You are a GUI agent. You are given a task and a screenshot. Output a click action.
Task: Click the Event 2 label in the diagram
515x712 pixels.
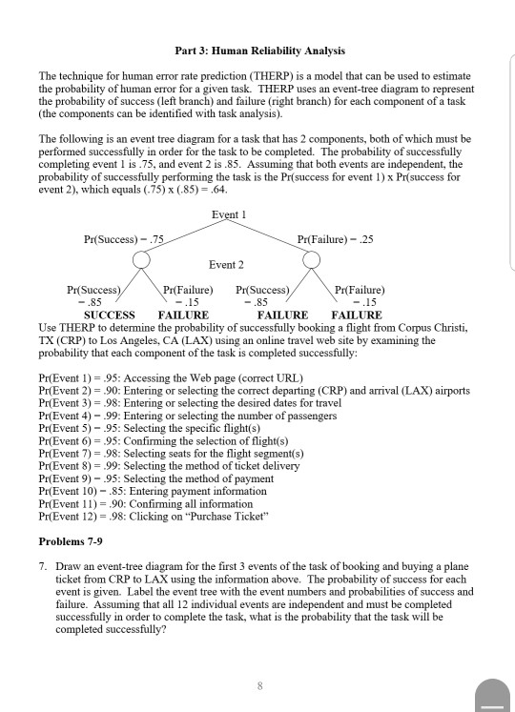tap(227, 264)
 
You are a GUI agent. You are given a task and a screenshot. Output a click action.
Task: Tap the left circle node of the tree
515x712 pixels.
tap(141, 260)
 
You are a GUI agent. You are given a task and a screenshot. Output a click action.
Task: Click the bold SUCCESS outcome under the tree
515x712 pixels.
tap(110, 314)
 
